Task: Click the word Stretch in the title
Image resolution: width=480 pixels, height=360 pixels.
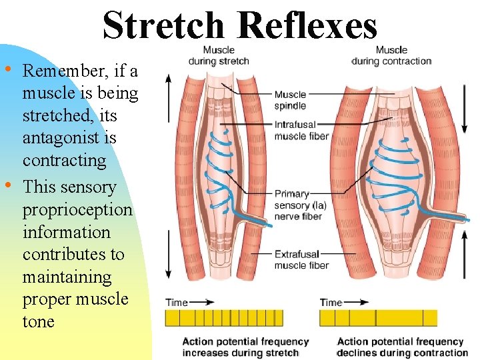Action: [x=163, y=26]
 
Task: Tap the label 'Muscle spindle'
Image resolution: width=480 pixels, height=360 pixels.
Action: [x=290, y=100]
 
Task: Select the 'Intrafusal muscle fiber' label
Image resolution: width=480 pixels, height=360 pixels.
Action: [x=301, y=130]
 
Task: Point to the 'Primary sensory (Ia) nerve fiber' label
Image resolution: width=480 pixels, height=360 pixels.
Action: [x=300, y=205]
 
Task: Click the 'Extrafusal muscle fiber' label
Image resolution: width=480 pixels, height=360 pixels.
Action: [x=301, y=259]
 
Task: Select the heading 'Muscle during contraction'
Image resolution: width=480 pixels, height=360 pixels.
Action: [x=391, y=55]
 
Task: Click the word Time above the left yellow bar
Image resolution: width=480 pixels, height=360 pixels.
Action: [x=177, y=302]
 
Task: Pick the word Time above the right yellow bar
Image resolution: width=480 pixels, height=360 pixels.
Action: [x=331, y=302]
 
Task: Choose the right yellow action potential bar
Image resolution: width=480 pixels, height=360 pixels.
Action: [x=378, y=317]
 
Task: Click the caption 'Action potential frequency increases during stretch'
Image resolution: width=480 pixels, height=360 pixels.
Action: [x=245, y=347]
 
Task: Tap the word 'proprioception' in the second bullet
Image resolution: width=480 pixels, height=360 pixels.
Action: [x=77, y=209]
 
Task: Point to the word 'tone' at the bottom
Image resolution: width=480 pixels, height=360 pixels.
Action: [x=38, y=321]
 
